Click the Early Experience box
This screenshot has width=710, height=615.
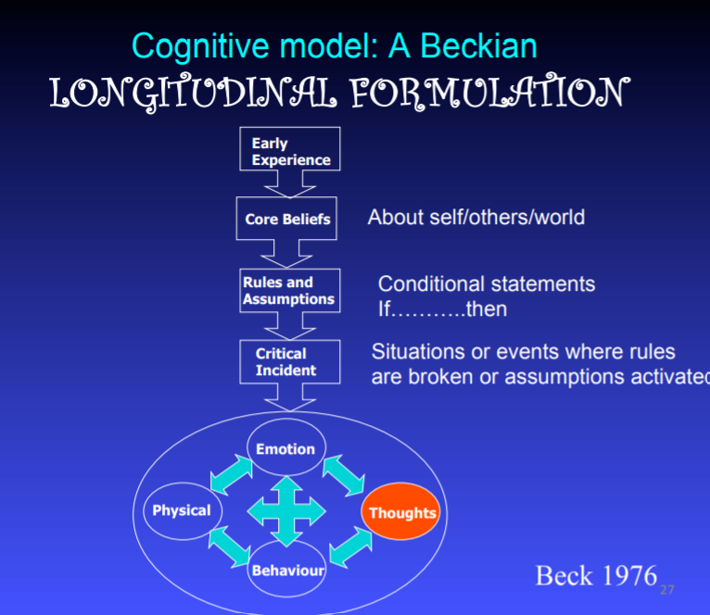click(290, 151)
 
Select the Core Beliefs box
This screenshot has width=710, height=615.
click(287, 220)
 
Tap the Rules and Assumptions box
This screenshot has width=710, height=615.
click(288, 291)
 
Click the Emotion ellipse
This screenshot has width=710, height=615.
click(285, 449)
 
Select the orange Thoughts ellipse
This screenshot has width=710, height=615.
click(401, 512)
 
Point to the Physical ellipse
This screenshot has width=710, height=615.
click(182, 510)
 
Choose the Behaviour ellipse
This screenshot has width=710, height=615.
click(287, 570)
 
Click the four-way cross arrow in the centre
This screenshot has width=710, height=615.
click(287, 510)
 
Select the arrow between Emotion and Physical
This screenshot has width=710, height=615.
click(231, 474)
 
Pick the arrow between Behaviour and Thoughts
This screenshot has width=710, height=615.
click(346, 546)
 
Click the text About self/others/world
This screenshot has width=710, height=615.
click(476, 218)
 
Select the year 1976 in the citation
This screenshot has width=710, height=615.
click(625, 575)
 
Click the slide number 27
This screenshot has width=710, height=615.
click(666, 589)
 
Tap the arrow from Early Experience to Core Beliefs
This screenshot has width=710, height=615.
click(290, 184)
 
